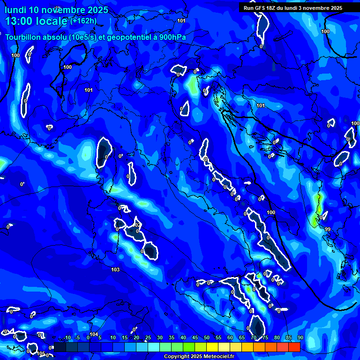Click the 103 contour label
pyautogui.click(x=115, y=270)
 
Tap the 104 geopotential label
pyautogui.click(x=94, y=334)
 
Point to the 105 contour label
pyautogui.click(x=41, y=353)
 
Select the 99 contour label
pyautogui.click(x=327, y=229)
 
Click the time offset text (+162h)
pyautogui.click(x=83, y=21)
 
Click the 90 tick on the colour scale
pyautogui.click(x=300, y=338)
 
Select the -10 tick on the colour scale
pyautogui.click(x=66, y=338)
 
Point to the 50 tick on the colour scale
pyautogui.click(x=207, y=338)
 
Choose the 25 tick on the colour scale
pyautogui.click(x=148, y=338)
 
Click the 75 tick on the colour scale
pyautogui.click(x=265, y=338)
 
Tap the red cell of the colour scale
pyautogui.click(x=294, y=347)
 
